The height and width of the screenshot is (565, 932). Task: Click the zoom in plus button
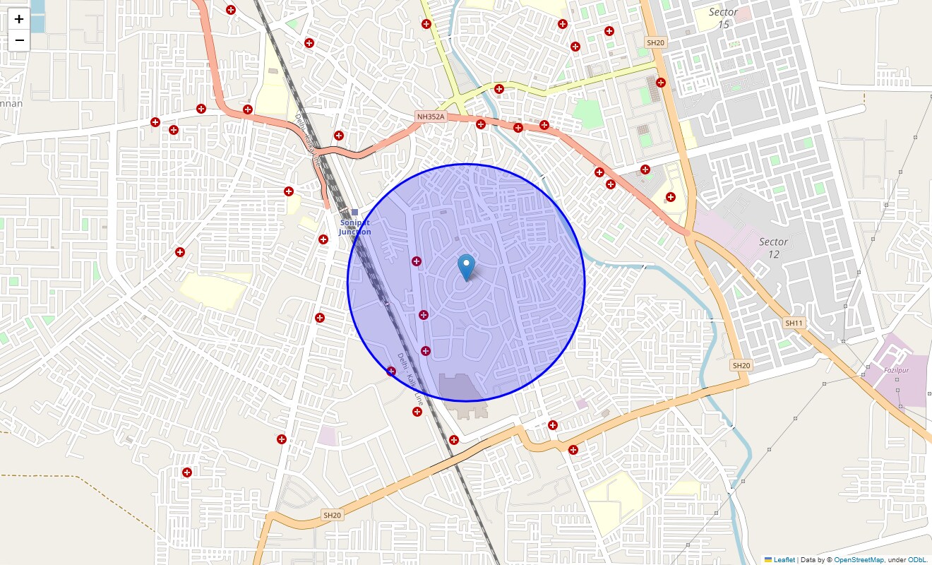(x=19, y=20)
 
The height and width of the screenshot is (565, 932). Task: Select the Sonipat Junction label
(x=354, y=227)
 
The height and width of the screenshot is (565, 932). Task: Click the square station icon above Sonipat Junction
(x=354, y=212)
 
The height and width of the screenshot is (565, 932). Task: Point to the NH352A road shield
(x=431, y=117)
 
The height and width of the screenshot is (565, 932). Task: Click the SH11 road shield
(x=794, y=323)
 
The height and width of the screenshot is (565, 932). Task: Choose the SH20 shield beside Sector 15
(x=655, y=43)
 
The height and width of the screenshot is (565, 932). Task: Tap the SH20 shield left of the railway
(x=332, y=516)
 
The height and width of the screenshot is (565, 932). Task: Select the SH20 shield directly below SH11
(x=741, y=365)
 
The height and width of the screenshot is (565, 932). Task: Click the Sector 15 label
(x=723, y=18)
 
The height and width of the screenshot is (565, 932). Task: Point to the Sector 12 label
(x=773, y=248)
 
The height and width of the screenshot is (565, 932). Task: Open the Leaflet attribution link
(x=784, y=559)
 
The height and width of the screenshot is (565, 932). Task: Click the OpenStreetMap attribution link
(x=859, y=559)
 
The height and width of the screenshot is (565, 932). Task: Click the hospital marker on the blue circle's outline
(x=391, y=371)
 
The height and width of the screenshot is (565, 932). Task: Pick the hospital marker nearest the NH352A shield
(x=481, y=124)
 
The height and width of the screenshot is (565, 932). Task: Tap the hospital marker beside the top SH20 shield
(x=661, y=82)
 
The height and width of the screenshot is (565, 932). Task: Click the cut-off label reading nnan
(x=11, y=104)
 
